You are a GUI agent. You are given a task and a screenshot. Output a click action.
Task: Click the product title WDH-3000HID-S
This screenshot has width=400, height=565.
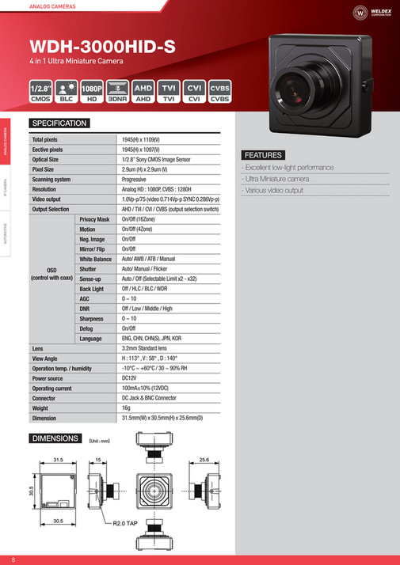point(102,46)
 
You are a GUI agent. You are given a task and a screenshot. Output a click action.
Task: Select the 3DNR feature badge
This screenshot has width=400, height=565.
point(117,90)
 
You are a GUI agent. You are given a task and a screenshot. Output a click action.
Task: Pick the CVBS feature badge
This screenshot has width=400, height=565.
point(220,90)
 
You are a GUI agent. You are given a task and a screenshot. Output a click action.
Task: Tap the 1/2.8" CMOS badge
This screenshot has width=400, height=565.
point(40,90)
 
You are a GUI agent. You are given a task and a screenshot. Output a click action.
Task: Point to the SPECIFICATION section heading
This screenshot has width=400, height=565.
point(59,123)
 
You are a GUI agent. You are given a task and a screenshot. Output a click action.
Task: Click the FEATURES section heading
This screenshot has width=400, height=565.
point(262,154)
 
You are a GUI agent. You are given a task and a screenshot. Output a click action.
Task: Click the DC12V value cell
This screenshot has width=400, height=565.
point(131,378)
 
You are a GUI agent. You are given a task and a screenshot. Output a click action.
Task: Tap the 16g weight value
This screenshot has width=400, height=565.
point(127,408)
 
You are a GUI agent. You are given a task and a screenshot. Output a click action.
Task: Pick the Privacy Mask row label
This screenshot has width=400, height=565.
point(95,219)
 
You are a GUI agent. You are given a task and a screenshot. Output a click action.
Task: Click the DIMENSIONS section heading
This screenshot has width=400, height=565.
point(55,438)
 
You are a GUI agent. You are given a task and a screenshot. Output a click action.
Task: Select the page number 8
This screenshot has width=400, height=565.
point(13,559)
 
